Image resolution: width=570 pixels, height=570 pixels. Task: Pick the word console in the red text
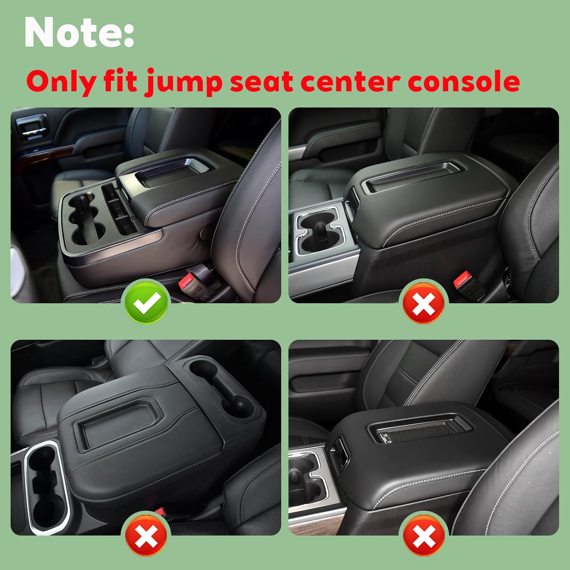coord(464,82)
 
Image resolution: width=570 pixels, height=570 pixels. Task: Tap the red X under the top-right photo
coord(424,303)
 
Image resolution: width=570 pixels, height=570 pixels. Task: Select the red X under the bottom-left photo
coord(146,535)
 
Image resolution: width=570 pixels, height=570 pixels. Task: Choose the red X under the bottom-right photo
coord(424,535)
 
